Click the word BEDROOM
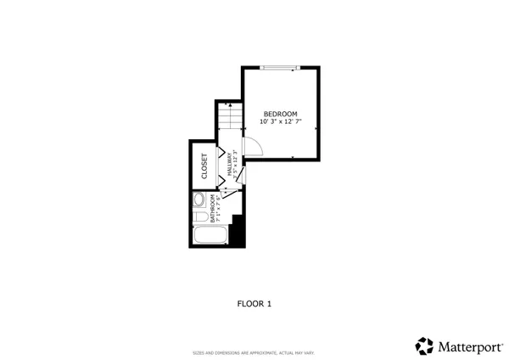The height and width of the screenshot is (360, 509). coord(280,114)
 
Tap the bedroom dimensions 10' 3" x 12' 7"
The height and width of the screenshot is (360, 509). coord(280,122)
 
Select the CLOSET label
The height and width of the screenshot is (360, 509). coord(204,166)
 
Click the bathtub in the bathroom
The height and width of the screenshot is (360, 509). coord(210,235)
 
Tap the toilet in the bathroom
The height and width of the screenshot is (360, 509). coord(199,201)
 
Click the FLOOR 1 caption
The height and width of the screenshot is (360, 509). coord(254,302)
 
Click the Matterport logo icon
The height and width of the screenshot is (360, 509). coord(424,346)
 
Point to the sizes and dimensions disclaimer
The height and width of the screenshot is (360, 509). coord(254,352)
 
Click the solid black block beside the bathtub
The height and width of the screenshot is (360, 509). coord(238,231)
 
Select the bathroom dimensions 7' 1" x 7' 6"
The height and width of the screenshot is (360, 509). coord(219,208)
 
